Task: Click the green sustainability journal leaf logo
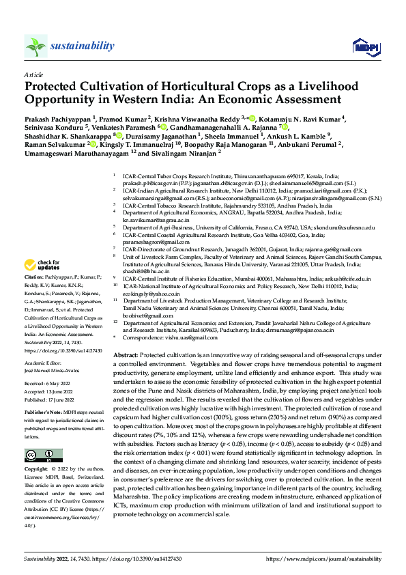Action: [x=35, y=46]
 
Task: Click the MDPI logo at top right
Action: [x=363, y=46]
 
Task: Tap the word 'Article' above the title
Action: [x=33, y=74]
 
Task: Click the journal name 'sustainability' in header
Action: [x=82, y=46]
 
